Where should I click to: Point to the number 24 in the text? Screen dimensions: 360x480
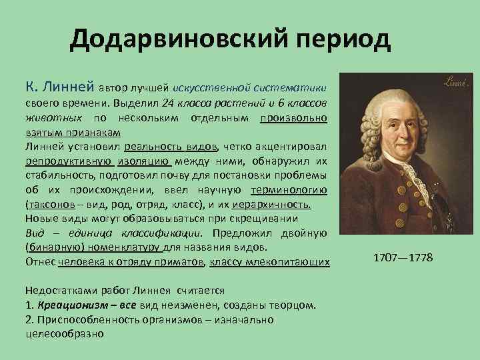[169, 105]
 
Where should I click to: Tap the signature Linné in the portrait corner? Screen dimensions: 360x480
[457, 82]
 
